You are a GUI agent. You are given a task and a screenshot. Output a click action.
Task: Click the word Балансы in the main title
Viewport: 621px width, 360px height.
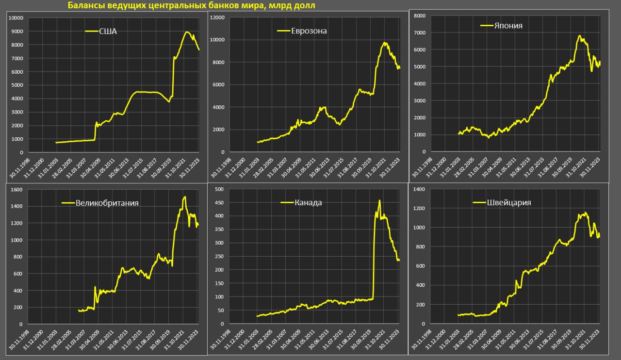pyautogui.click(x=84, y=5)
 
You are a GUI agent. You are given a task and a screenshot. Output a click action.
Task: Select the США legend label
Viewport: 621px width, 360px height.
pyautogui.click(x=108, y=32)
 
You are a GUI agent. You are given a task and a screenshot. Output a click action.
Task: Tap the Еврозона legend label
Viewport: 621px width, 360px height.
pyautogui.click(x=309, y=31)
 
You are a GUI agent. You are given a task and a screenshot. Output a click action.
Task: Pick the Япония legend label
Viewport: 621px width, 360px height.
pyautogui.click(x=508, y=26)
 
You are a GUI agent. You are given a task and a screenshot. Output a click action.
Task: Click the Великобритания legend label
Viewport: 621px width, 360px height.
pyautogui.click(x=107, y=203)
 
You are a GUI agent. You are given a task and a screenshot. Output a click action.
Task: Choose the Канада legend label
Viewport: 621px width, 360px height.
pyautogui.click(x=308, y=202)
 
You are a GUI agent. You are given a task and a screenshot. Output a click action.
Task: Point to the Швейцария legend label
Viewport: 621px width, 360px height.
pyautogui.click(x=508, y=203)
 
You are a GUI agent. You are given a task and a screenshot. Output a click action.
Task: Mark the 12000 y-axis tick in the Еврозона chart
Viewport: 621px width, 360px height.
pyautogui.click(x=216, y=17)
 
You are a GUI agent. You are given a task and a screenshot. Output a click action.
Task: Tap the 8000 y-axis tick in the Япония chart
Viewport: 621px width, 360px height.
pyautogui.click(x=419, y=16)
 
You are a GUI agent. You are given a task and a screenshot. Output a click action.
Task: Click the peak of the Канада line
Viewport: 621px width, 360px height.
pyautogui.click(x=379, y=200)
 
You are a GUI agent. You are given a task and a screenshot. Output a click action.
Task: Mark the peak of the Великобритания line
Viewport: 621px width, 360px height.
pyautogui.click(x=184, y=196)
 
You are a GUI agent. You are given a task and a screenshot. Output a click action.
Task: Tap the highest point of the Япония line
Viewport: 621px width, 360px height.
pyautogui.click(x=579, y=35)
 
